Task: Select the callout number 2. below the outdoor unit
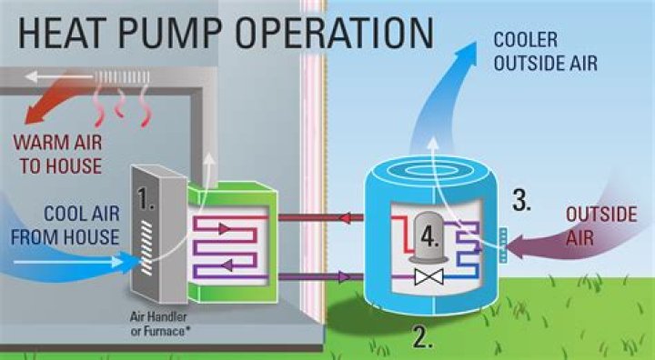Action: pos(421,337)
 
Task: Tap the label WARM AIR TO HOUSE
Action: pos(56,155)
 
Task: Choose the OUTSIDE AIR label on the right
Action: pos(601,226)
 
